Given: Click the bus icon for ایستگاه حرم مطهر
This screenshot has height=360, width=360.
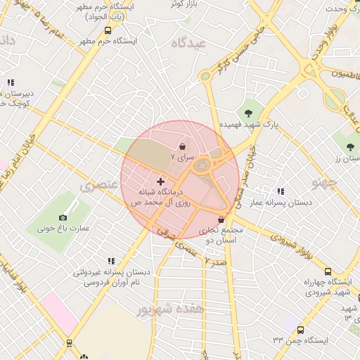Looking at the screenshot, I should click(108, 31).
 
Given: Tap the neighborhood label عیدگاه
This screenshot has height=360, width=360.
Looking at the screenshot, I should click(187, 44).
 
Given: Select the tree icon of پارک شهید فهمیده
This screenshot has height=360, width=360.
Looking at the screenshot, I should click(247, 112).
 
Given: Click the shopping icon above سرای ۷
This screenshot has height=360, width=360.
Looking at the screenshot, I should click(184, 146).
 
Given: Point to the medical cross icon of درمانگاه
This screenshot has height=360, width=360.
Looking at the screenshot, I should click(160, 181).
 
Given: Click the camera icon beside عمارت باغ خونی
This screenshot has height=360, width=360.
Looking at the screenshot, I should click(63, 217).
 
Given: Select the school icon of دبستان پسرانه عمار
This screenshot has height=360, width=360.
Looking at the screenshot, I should click(281, 191).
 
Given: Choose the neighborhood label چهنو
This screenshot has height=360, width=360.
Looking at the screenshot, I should click(325, 184).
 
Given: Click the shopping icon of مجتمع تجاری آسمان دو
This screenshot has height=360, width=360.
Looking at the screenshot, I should click(221, 220).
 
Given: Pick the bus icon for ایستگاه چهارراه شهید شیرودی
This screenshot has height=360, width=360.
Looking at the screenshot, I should click(328, 272).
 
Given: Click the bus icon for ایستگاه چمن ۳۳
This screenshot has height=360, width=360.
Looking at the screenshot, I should click(300, 330).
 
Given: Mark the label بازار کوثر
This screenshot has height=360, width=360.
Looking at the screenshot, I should click(181, 4).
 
